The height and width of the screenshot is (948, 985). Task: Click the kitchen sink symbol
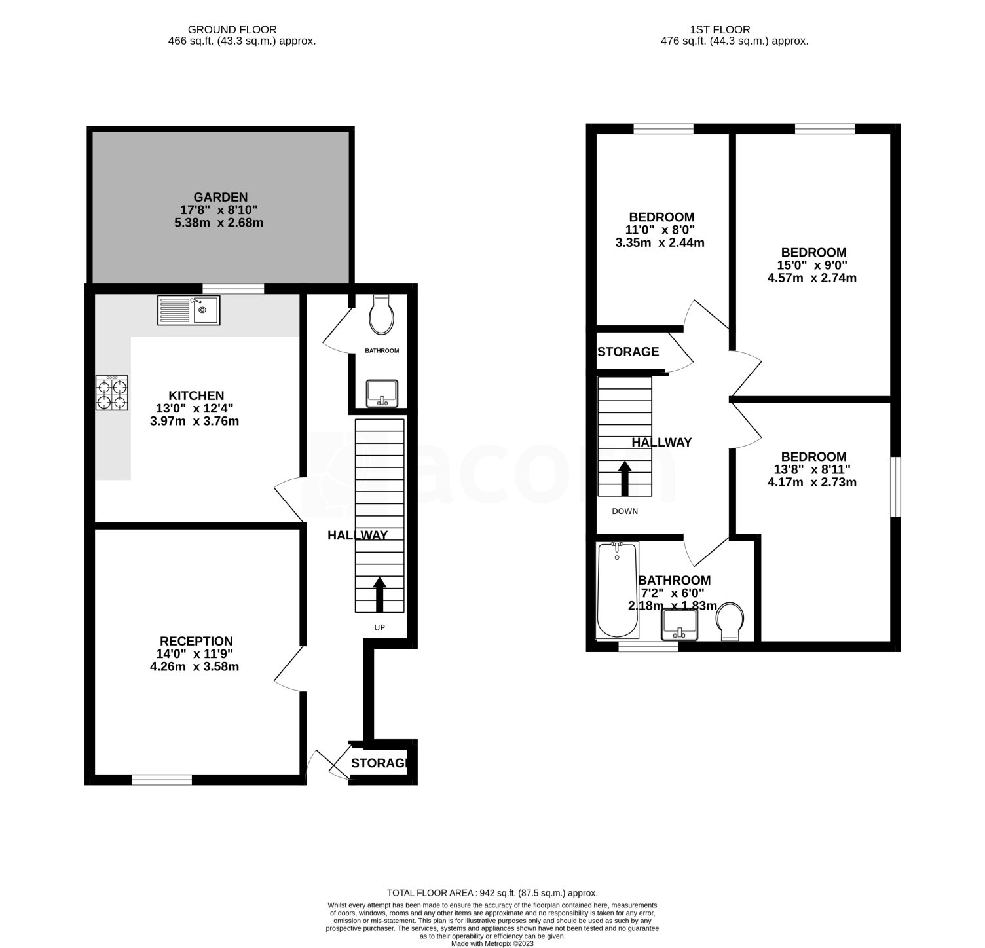pyautogui.click(x=190, y=310)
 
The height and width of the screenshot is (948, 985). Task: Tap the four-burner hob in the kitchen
pyautogui.click(x=112, y=393)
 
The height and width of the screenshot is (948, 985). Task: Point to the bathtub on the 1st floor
pyautogui.click(x=617, y=590)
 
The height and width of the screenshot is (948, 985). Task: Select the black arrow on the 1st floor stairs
pyautogui.click(x=625, y=479)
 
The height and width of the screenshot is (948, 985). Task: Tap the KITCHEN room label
pyautogui.click(x=196, y=395)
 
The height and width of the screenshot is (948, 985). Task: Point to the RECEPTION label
pyautogui.click(x=196, y=641)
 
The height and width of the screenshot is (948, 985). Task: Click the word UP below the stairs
pyautogui.click(x=379, y=627)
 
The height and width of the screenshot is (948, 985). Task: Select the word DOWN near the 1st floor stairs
pyautogui.click(x=625, y=511)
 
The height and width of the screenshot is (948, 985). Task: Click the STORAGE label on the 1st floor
pyautogui.click(x=629, y=352)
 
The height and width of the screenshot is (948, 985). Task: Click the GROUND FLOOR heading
pyautogui.click(x=232, y=29)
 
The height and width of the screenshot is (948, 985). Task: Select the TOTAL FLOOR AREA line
pyautogui.click(x=492, y=893)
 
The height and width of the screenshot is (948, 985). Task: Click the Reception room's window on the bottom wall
pyautogui.click(x=162, y=779)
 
